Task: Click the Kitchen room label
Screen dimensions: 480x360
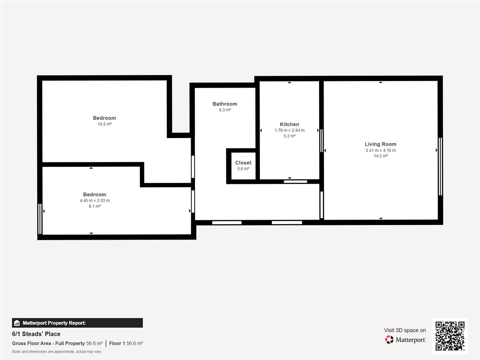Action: tap(289, 124)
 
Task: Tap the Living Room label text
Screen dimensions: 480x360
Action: tap(380, 144)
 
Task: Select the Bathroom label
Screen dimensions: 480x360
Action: tap(225, 104)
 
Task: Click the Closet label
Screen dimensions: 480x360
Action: tap(243, 163)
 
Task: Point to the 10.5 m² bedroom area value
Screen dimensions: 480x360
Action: tap(104, 124)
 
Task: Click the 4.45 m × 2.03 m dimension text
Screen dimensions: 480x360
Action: tap(95, 200)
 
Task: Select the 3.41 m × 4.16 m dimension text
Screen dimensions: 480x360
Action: tap(380, 150)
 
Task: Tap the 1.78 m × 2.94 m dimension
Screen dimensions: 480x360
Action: tap(290, 130)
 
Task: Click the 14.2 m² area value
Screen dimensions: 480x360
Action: tap(381, 156)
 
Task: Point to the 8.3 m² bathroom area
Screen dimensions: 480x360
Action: tap(225, 110)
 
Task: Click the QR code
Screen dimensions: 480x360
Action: tap(450, 336)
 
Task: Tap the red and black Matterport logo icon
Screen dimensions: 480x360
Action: tap(389, 340)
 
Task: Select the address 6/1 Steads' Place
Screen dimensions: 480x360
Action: tap(36, 334)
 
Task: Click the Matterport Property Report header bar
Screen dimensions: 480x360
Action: tap(78, 323)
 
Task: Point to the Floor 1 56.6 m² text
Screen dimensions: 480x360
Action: tap(126, 343)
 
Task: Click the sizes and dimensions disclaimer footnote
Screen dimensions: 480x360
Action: tap(57, 352)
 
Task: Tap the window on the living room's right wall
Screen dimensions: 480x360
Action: tap(440, 166)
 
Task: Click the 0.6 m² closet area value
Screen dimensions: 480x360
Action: tap(243, 168)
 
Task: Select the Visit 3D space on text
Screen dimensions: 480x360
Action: tap(405, 330)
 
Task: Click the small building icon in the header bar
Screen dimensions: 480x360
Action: tap(17, 323)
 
